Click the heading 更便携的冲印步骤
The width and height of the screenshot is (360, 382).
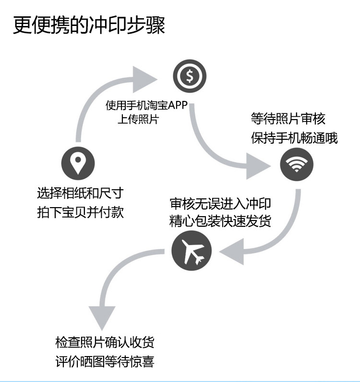click(x=89, y=25)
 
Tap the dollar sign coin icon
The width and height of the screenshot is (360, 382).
click(x=190, y=76)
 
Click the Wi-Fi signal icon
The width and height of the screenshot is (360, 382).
click(x=297, y=164)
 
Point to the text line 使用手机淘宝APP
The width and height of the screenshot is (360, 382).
click(x=146, y=106)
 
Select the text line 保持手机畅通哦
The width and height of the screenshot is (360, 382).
click(x=294, y=138)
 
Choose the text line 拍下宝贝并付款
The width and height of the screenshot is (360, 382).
click(x=80, y=212)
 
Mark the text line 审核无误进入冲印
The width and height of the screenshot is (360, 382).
click(x=220, y=203)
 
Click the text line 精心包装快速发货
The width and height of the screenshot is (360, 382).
click(x=220, y=222)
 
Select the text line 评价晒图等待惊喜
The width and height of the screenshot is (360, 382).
click(x=105, y=361)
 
